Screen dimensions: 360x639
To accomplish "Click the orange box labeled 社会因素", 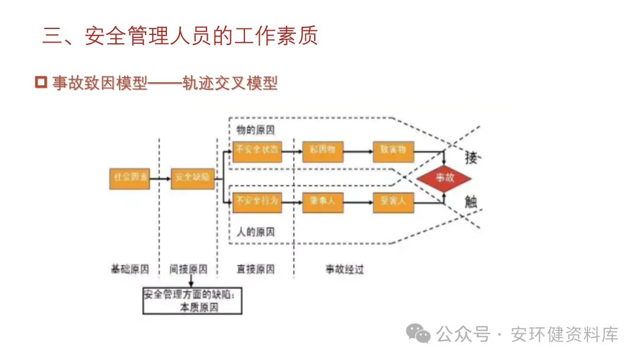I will (129, 178).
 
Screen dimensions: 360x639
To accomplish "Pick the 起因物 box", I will (322, 150).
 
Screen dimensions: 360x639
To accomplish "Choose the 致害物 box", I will (393, 150).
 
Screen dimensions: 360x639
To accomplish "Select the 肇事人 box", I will (322, 202).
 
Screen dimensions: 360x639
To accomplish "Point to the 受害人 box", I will (393, 202).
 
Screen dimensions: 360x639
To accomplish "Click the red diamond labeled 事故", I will (444, 178).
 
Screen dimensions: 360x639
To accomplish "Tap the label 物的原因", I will (256, 130).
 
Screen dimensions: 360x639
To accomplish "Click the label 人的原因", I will (256, 232).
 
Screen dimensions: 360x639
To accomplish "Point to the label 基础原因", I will (130, 269).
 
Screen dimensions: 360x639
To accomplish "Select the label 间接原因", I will (189, 269).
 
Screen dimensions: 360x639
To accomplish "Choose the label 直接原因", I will (256, 269).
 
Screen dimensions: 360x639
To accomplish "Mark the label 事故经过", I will (344, 269).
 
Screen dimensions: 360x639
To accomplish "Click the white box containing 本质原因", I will (193, 301).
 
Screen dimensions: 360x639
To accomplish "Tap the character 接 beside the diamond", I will (471, 157).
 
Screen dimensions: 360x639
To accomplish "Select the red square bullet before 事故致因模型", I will (41, 82).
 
